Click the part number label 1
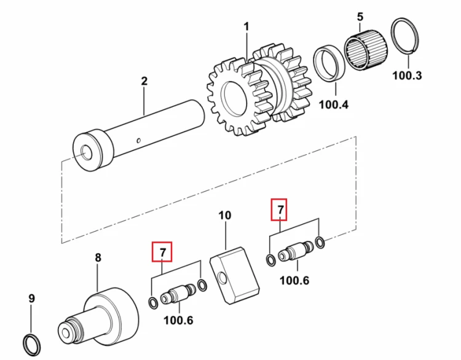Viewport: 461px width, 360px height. tap(246, 27)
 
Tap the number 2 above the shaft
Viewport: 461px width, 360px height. tap(144, 81)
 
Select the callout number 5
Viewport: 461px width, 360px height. tap(360, 17)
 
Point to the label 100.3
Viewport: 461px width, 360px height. tap(407, 76)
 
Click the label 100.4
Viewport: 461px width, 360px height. tap(334, 104)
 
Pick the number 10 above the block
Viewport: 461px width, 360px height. tap(225, 216)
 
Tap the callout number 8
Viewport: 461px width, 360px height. tap(98, 258)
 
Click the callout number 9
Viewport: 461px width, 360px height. tap(32, 299)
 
